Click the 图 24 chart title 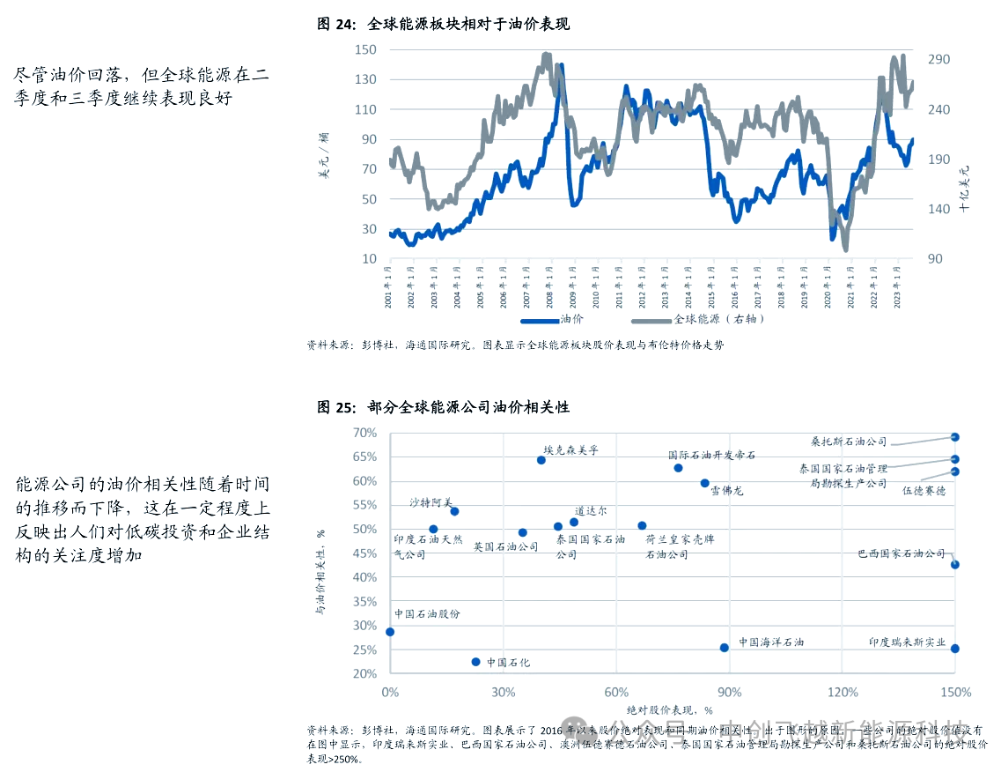(443, 24)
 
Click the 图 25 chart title (443, 407)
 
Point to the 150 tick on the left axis (365, 49)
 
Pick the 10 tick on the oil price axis (370, 259)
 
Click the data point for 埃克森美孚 (541, 460)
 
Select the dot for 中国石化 (476, 662)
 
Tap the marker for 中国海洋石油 (725, 648)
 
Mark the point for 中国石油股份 (390, 632)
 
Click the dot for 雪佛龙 (704, 483)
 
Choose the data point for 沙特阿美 (454, 511)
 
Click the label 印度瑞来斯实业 (907, 643)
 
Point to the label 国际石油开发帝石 (711, 455)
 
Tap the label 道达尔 (590, 510)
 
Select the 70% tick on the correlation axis (364, 433)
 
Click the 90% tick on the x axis (729, 692)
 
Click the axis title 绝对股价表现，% (669, 709)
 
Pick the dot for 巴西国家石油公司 (955, 565)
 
